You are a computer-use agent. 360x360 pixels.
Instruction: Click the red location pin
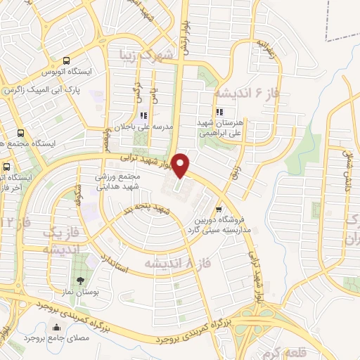pos(181,165)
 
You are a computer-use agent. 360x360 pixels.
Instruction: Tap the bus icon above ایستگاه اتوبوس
pos(66,60)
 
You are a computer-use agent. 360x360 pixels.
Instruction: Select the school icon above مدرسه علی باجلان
pos(143,115)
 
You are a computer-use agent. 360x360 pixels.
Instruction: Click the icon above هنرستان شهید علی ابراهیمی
pos(219,112)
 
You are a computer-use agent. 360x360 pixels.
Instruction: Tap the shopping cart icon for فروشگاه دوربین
pos(219,209)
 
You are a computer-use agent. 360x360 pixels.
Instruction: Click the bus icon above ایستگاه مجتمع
pos(20,132)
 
